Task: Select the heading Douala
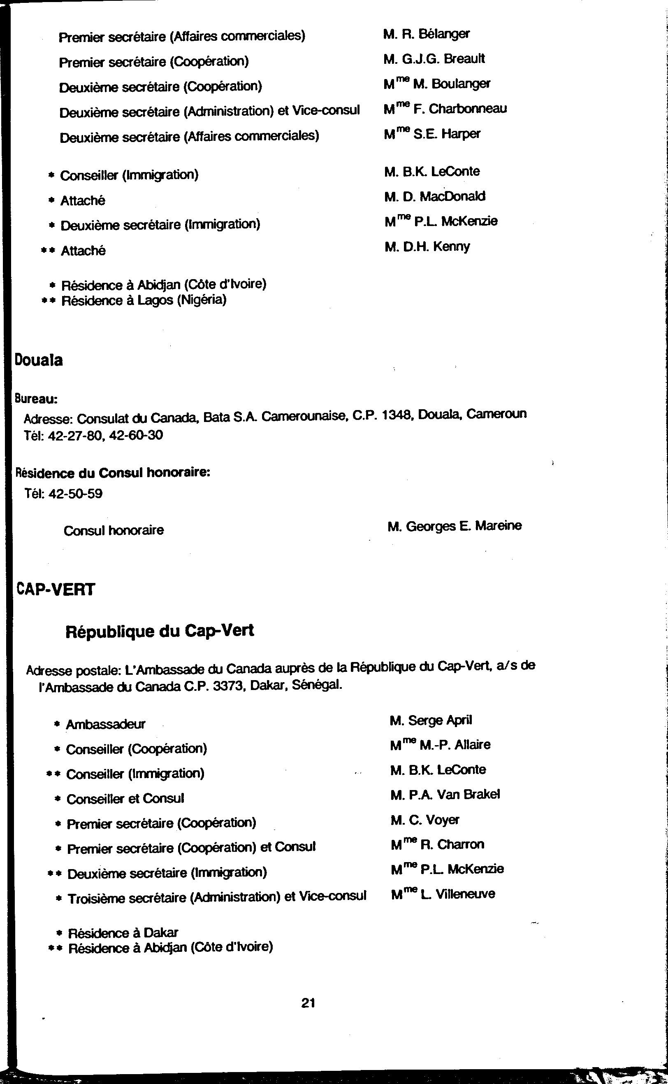point(39,360)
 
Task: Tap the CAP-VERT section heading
point(56,589)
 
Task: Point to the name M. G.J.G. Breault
point(434,58)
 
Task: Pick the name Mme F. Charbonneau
point(445,108)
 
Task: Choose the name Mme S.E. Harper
point(432,133)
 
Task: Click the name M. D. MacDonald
point(435,196)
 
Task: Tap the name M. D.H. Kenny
point(427,246)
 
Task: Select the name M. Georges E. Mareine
point(455,526)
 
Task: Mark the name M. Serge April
point(431,720)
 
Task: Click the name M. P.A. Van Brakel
point(445,795)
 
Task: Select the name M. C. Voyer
point(424,820)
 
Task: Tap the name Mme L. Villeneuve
point(443,894)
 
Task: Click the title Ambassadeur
point(106,725)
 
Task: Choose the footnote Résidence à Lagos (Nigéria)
point(144,301)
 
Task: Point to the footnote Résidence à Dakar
point(123,933)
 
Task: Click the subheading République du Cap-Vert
point(160,631)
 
